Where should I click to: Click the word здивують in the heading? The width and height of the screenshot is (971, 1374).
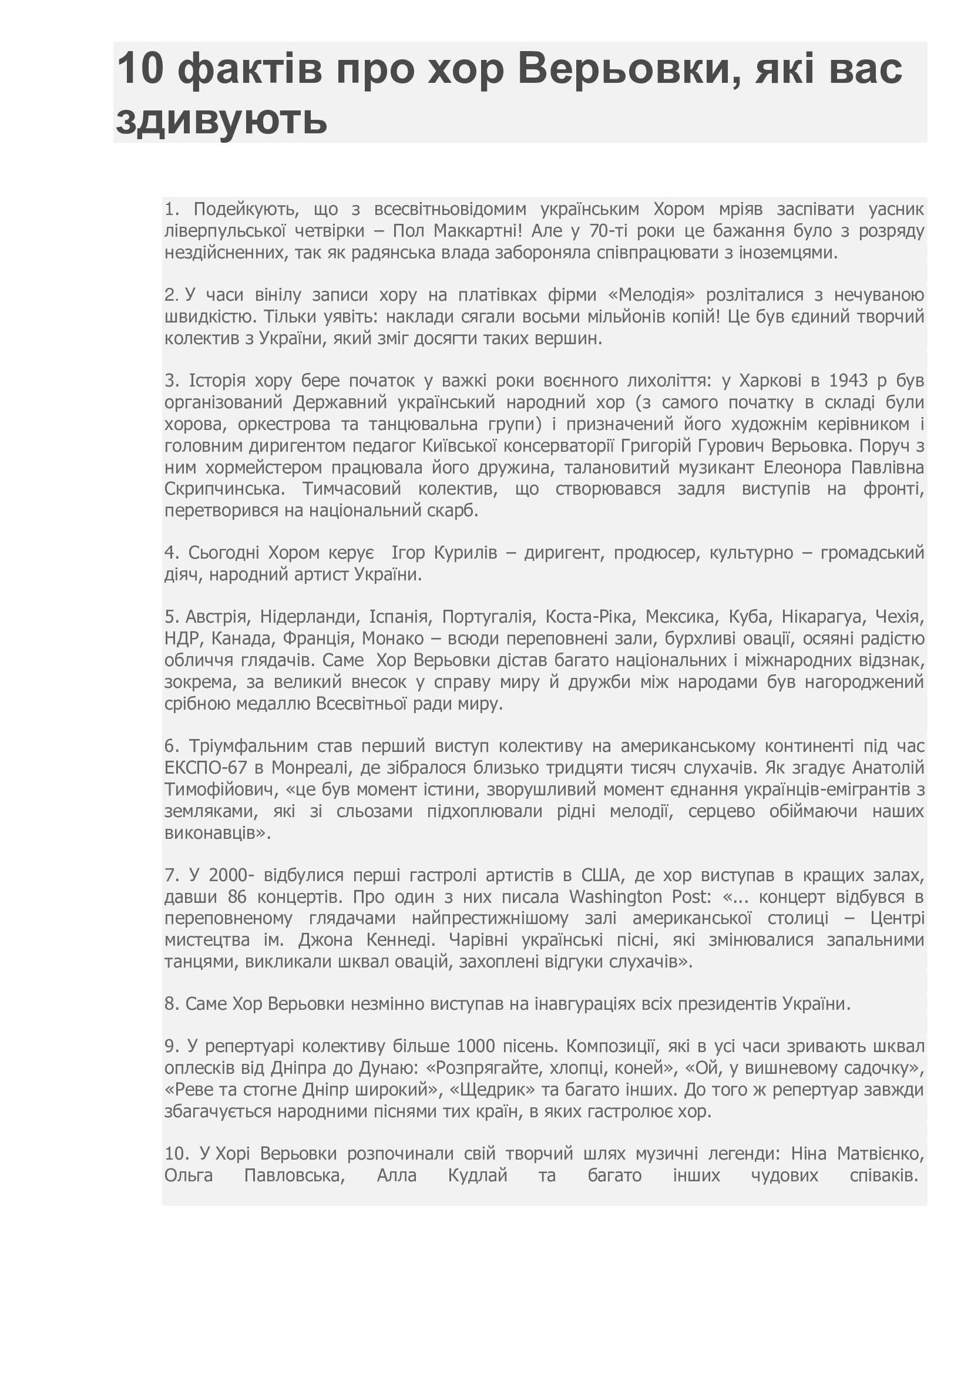[x=221, y=119]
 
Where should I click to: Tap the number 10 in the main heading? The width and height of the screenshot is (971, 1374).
[x=139, y=68]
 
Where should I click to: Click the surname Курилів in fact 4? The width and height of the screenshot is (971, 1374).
[x=465, y=552]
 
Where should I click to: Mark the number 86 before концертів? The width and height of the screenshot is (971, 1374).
[x=237, y=897]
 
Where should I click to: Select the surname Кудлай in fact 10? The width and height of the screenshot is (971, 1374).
[x=478, y=1175]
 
